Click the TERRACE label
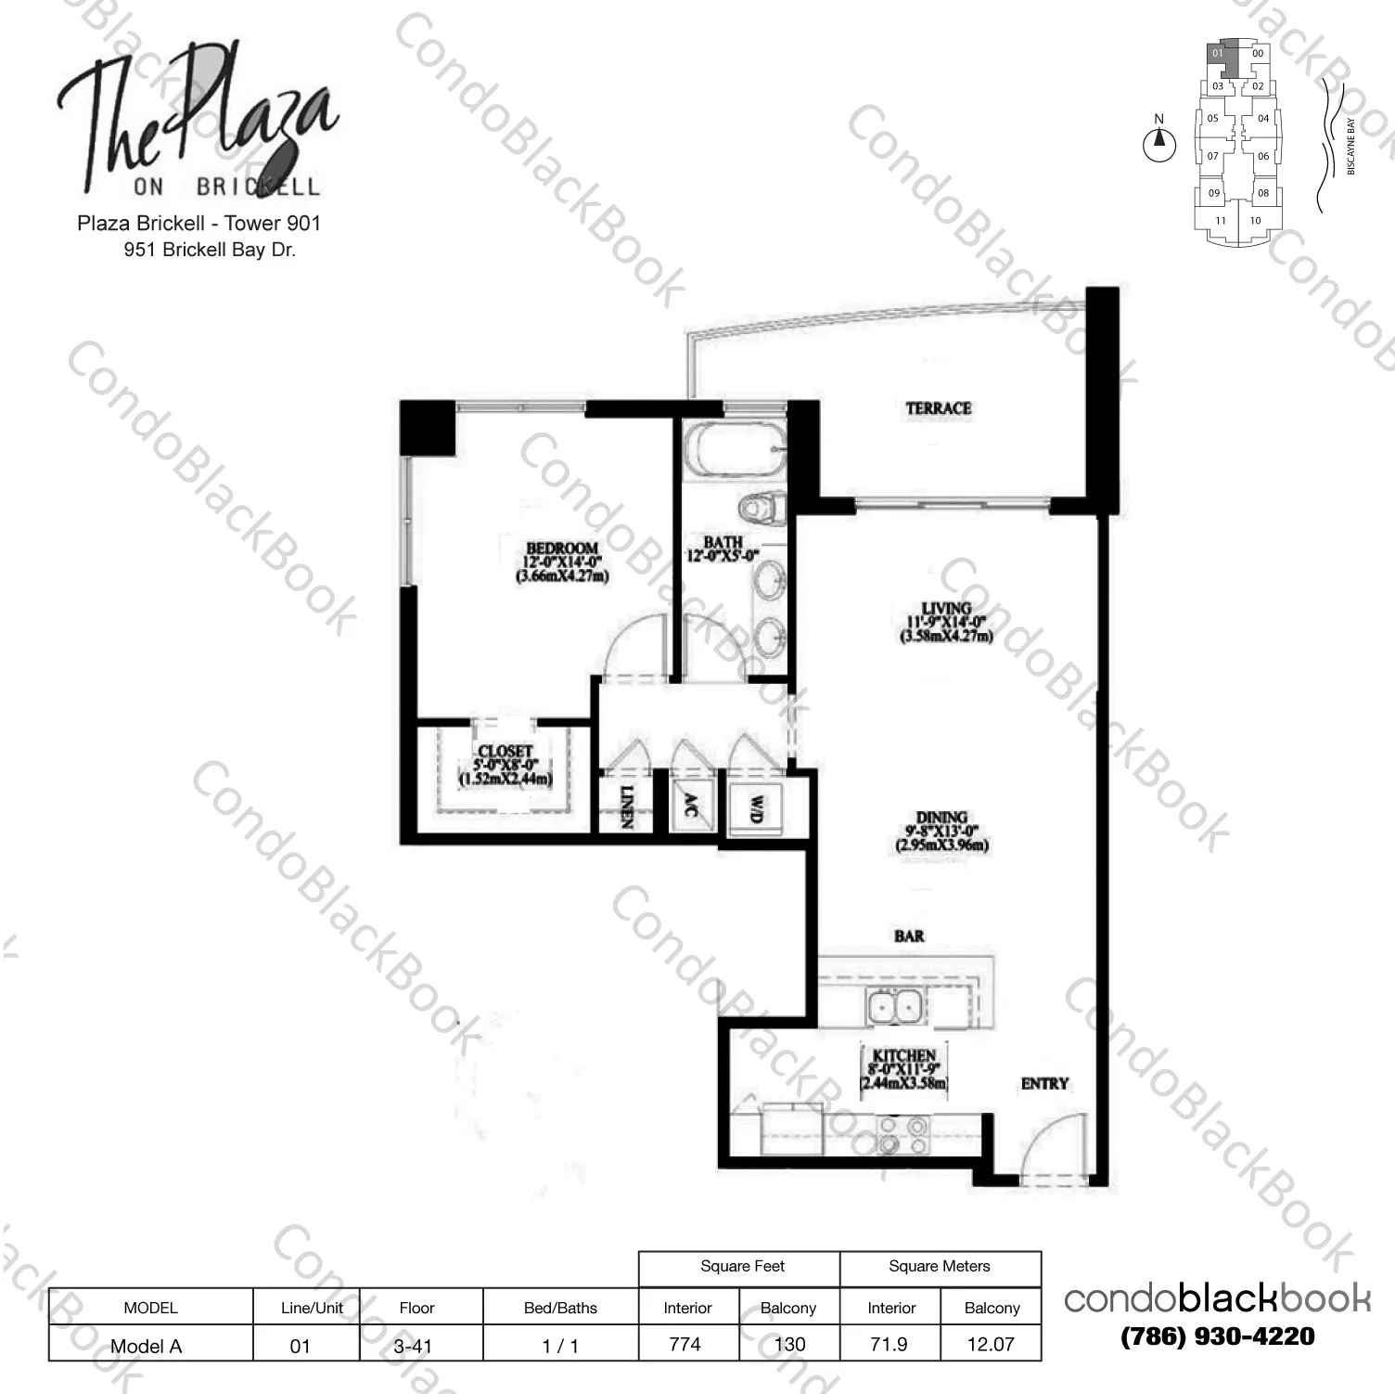pyautogui.click(x=939, y=408)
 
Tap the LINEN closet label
pyautogui.click(x=626, y=807)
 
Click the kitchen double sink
pyautogui.click(x=893, y=1006)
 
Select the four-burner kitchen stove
pyautogui.click(x=902, y=1134)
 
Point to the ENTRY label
pyautogui.click(x=1044, y=1083)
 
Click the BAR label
pyautogui.click(x=909, y=936)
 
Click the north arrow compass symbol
pyautogui.click(x=1158, y=144)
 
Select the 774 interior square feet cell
pyautogui.click(x=685, y=1343)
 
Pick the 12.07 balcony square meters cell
pyautogui.click(x=991, y=1343)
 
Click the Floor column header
pyautogui.click(x=416, y=1308)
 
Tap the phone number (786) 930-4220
pyautogui.click(x=1217, y=1336)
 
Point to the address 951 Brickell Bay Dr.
pyautogui.click(x=210, y=250)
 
